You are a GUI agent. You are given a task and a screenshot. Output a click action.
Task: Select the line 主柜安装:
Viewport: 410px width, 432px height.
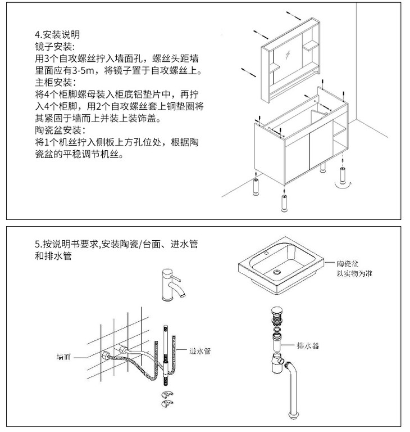[x=54, y=82]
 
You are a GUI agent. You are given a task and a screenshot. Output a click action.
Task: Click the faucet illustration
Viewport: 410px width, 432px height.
[x=171, y=284]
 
